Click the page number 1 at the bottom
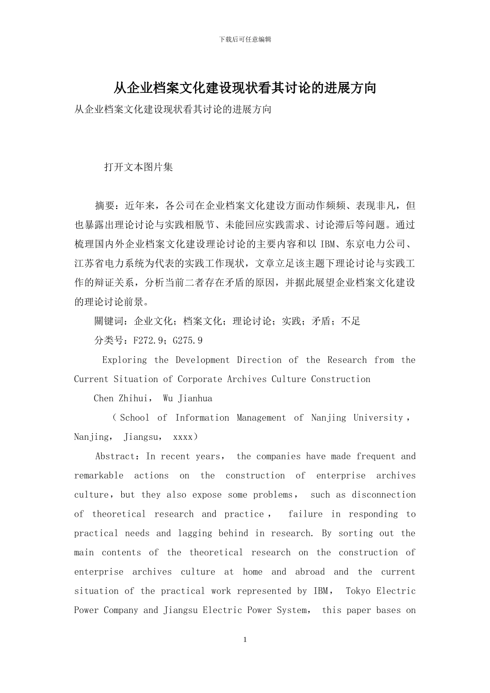[x=245, y=640]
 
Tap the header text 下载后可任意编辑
[x=245, y=39]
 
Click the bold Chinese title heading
[x=245, y=88]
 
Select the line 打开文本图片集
[x=138, y=167]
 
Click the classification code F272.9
[x=150, y=340]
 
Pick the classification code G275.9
[x=188, y=340]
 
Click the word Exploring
[x=124, y=360]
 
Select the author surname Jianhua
[x=195, y=399]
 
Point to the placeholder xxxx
[x=183, y=437]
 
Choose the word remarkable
[x=99, y=475]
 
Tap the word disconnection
[x=384, y=494]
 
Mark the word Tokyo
[x=358, y=591]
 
